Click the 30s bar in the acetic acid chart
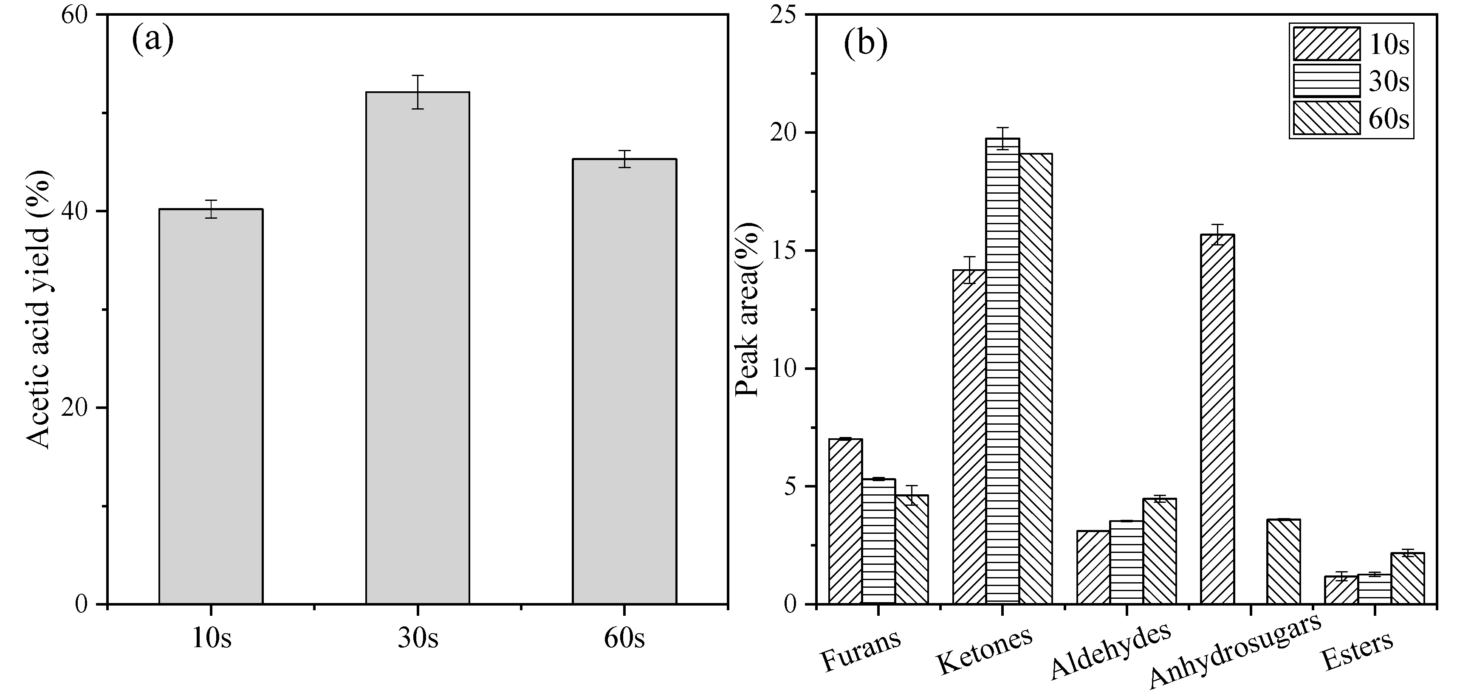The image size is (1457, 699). [418, 348]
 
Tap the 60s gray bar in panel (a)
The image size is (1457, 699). [624, 381]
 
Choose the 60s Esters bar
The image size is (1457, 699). [1408, 578]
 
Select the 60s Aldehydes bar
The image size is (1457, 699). [1160, 551]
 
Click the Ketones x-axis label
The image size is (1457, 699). [985, 650]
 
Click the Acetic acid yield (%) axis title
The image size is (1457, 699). [40, 310]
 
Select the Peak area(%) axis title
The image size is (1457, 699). [748, 310]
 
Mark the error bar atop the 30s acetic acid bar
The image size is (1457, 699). [418, 92]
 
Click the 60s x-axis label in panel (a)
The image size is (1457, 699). [624, 639]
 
